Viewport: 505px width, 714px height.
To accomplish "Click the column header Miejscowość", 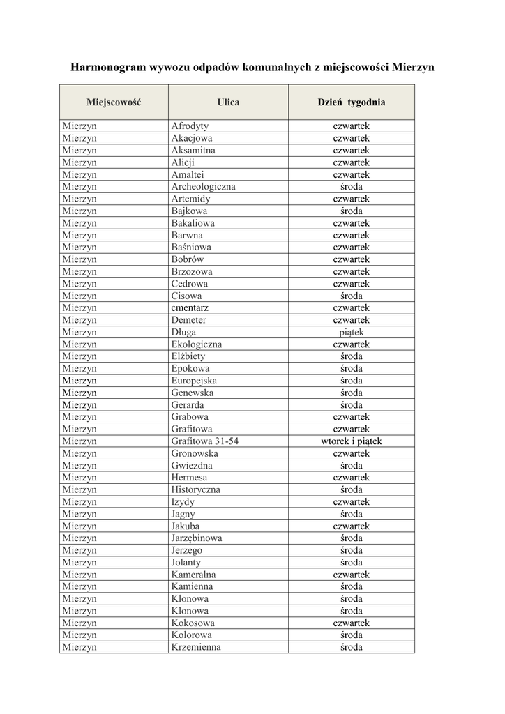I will (x=114, y=102).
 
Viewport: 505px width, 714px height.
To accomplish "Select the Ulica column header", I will (x=228, y=102).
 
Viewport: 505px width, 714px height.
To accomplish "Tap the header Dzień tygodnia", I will (x=351, y=102).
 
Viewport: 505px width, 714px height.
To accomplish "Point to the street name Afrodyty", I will (x=190, y=126).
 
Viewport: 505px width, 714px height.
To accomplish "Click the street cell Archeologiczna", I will (x=203, y=186).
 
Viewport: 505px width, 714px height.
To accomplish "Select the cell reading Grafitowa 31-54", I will (x=205, y=441).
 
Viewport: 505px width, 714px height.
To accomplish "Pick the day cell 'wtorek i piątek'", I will (x=351, y=441).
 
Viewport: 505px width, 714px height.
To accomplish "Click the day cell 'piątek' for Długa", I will (x=351, y=332).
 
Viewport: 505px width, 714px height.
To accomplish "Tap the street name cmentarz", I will (x=190, y=307).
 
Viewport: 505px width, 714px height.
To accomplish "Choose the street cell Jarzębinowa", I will (x=197, y=538).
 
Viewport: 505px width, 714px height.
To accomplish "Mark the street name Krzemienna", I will (x=195, y=647).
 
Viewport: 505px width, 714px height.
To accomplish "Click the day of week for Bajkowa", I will (x=351, y=211).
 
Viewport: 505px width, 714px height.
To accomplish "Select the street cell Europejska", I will (x=194, y=381).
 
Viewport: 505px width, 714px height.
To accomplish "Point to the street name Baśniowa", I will (x=191, y=247).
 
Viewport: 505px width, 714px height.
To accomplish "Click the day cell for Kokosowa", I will (x=351, y=623).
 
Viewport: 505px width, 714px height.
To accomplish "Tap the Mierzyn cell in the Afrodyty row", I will (x=79, y=126).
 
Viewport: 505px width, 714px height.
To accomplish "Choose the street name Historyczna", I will (x=195, y=489).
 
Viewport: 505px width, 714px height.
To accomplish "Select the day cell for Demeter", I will (x=351, y=320).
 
